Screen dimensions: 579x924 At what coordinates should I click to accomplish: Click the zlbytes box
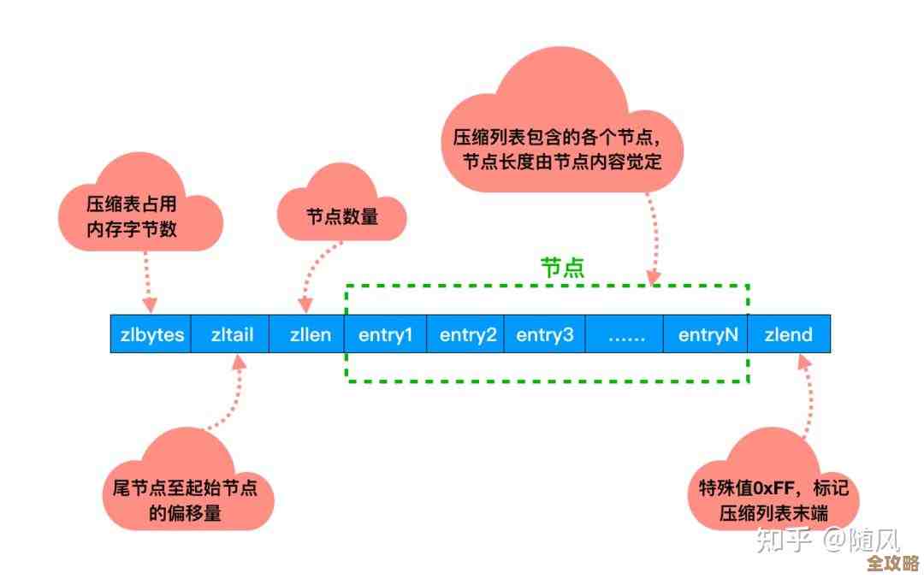[151, 334]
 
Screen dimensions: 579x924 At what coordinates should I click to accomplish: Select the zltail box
[232, 334]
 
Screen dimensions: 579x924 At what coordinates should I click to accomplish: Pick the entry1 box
[386, 334]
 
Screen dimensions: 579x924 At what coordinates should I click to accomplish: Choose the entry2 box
[467, 334]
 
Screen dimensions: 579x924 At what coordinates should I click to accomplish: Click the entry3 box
[545, 334]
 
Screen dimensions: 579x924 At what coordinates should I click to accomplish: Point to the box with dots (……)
[625, 334]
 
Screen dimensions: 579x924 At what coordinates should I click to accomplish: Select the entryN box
[708, 334]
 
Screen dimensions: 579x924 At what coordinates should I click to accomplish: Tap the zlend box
[789, 334]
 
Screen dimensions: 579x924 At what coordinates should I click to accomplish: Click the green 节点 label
[562, 268]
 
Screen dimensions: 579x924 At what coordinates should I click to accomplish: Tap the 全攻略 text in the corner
[892, 564]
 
